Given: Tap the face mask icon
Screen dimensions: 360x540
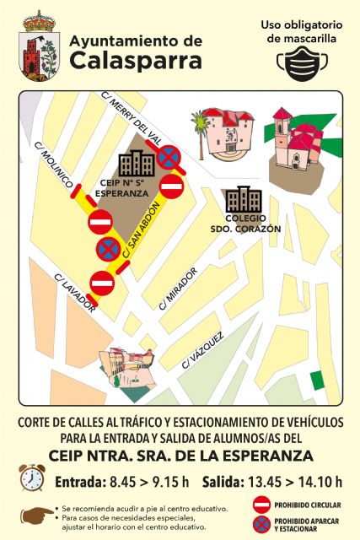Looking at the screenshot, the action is [x=304, y=62].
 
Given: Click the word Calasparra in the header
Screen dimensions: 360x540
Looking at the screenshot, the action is [x=136, y=60].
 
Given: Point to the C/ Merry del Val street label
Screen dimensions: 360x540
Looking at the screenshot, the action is [x=131, y=115].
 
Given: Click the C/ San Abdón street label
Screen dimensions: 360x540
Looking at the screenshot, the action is [x=142, y=229].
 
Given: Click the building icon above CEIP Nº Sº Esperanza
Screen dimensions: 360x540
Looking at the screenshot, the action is [x=136, y=163].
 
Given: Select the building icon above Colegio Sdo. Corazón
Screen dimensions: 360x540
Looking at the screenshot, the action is [x=243, y=199].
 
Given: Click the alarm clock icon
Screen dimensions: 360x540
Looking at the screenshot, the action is [x=32, y=478].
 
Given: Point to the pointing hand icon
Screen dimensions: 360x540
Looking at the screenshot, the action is [x=36, y=514].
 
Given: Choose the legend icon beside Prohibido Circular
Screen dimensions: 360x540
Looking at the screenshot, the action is [x=262, y=505].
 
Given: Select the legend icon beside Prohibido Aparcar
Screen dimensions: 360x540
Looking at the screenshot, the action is [x=262, y=524].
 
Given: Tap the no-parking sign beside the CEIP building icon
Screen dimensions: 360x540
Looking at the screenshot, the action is [x=169, y=156].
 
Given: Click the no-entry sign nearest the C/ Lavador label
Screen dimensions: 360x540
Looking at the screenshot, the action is [x=102, y=282].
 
